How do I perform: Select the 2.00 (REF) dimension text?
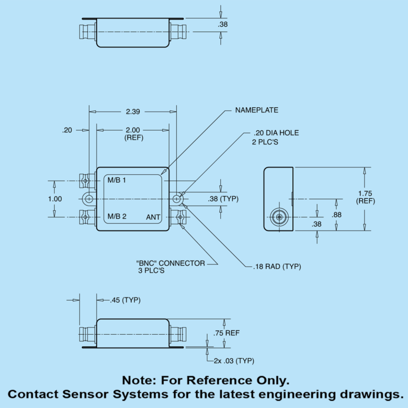[x=133, y=134]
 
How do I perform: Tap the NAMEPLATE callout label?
[x=257, y=110]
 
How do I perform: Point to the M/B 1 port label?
[x=117, y=180]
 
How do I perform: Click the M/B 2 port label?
[x=117, y=216]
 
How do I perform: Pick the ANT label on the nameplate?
[x=153, y=217]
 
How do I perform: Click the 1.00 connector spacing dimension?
[x=55, y=199]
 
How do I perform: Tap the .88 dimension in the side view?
[x=336, y=215]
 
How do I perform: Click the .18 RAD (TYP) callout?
[x=277, y=266]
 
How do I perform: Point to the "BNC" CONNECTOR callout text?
[x=170, y=263]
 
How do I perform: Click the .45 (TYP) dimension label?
[x=125, y=300]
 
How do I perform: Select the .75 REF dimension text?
[x=226, y=333]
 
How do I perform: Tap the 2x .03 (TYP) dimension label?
[x=234, y=361]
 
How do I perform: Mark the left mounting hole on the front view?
[x=89, y=199]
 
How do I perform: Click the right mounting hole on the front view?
[x=177, y=199]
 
